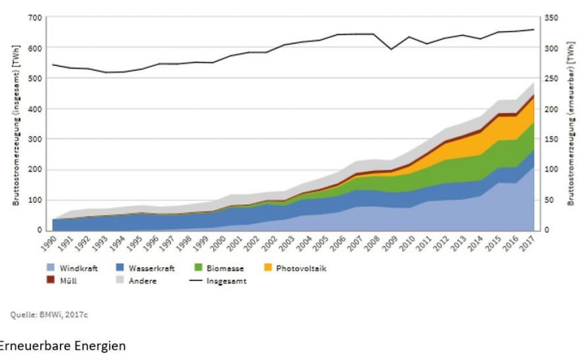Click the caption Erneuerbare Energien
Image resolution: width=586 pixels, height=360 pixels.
(63, 346)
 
